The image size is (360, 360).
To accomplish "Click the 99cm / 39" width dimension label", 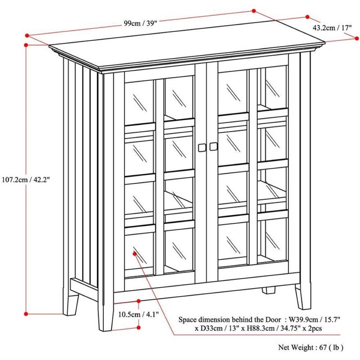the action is pyautogui.click(x=140, y=23).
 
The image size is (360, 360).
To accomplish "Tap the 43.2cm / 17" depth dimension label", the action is pyautogui.click(x=332, y=28).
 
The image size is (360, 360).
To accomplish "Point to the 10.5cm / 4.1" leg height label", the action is pyautogui.click(x=139, y=314).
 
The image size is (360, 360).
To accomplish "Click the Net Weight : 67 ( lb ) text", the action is pyautogui.click(x=311, y=347).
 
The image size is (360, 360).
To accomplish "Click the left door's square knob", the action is pyautogui.click(x=202, y=148).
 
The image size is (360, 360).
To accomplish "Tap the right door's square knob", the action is pyautogui.click(x=213, y=147).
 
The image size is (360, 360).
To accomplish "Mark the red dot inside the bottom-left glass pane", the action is pyautogui.click(x=135, y=253).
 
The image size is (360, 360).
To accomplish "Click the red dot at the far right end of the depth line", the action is pyautogui.click(x=356, y=39).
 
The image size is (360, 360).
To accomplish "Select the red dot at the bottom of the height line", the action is pyautogui.click(x=26, y=314).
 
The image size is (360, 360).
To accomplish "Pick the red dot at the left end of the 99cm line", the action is pyautogui.click(x=27, y=36).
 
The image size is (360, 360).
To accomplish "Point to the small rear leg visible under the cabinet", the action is pyautogui.click(x=269, y=290).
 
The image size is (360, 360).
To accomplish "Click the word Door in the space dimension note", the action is pyautogui.click(x=273, y=319).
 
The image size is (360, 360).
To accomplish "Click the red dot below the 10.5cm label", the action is pyautogui.click(x=139, y=328).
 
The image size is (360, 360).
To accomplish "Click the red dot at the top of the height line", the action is pyautogui.click(x=26, y=45).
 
